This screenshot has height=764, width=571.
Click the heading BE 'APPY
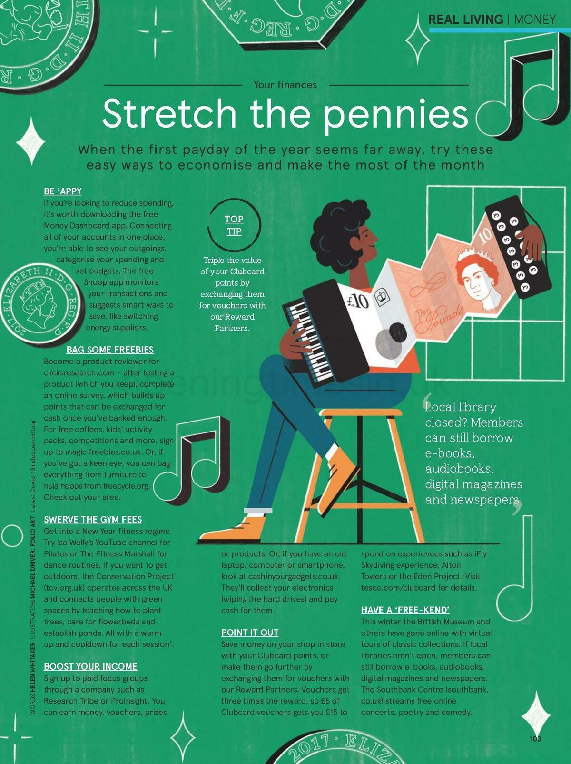(63, 191)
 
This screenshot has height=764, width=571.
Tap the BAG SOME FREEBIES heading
(110, 350)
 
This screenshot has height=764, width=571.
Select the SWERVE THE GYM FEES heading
(93, 519)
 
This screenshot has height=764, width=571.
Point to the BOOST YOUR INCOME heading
(90, 666)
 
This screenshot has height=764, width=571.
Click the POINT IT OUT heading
(250, 633)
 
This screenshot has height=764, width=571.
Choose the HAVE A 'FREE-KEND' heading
(405, 610)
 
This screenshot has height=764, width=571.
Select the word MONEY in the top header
(535, 20)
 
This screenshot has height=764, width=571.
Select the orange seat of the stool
(361, 412)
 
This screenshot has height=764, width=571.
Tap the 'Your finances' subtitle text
(285, 85)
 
